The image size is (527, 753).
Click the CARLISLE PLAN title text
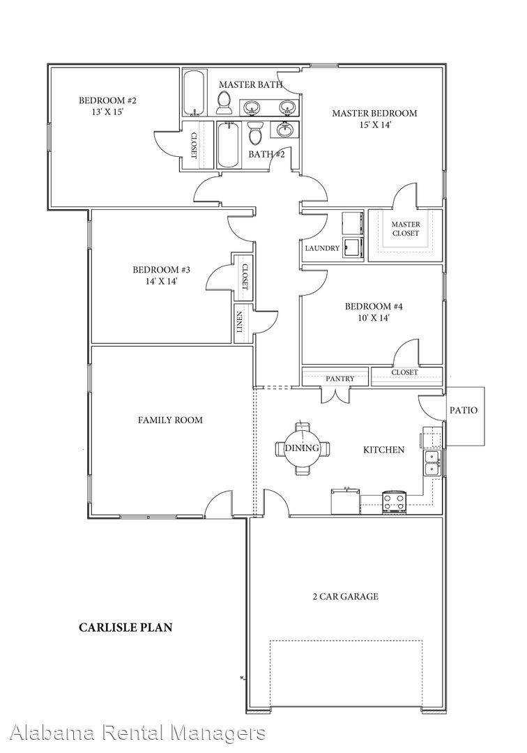click(125, 627)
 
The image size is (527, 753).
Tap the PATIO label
click(463, 410)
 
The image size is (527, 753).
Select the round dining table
click(302, 448)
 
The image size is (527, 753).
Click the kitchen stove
click(395, 502)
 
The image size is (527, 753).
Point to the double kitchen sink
click(433, 462)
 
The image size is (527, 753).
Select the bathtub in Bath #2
click(229, 144)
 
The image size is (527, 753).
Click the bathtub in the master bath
click(194, 92)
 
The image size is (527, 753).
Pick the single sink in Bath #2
click(285, 130)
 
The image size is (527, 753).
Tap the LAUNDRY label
click(322, 248)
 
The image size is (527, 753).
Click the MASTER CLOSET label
click(405, 229)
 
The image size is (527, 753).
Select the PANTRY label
click(340, 379)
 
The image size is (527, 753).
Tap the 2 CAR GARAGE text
click(346, 596)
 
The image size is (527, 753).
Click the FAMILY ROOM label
click(170, 420)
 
